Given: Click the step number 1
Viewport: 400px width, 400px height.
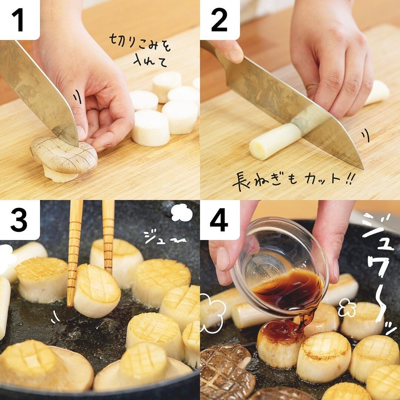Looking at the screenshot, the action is [19, 20].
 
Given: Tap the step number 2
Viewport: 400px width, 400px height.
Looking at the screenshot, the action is [219, 20].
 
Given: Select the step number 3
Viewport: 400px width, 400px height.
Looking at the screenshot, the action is [19, 220].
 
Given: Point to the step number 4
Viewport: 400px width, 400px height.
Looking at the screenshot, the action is [219, 220].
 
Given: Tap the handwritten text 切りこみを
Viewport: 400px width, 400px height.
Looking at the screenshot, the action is [140, 43].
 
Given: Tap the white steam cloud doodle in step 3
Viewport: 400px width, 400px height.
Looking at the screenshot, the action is [181, 213].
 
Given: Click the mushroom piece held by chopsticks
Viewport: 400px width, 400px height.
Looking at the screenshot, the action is [97, 291].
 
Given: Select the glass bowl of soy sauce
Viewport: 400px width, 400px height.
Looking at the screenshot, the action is [279, 267].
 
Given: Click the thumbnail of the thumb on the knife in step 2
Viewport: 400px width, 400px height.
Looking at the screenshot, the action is [236, 56].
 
